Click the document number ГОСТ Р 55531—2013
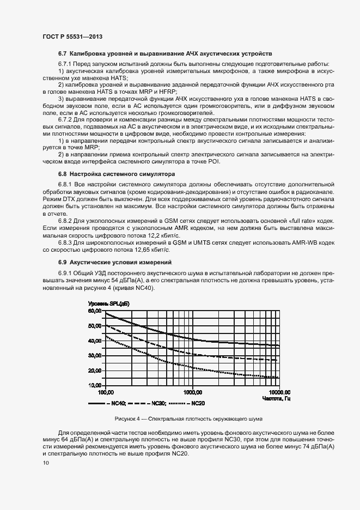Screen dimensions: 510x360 [72, 36]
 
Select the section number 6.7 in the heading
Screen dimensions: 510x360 [63, 53]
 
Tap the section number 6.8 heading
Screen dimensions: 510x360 [63, 174]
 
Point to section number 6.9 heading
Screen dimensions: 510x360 [63, 263]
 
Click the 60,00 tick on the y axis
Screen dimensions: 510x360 [95, 311]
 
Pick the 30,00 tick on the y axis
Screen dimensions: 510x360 [95, 355]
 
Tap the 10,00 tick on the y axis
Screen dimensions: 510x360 [95, 385]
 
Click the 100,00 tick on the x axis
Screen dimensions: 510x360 [105, 392]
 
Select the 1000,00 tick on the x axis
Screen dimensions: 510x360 [193, 392]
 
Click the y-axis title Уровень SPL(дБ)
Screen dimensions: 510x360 [109, 303]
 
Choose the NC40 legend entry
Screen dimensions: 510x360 [107, 403]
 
